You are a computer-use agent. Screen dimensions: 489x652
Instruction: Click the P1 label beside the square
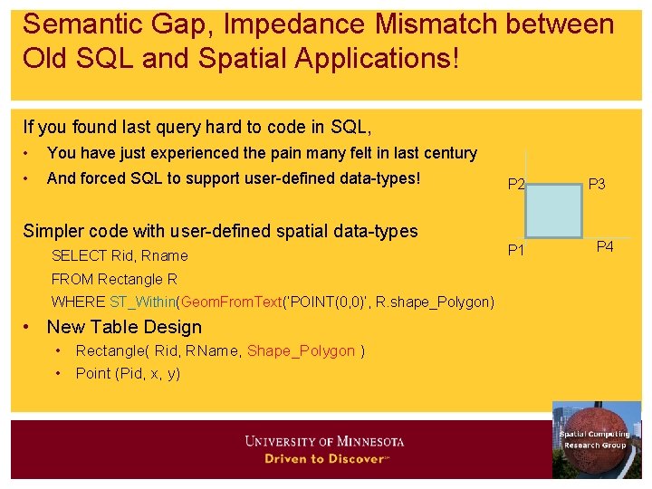(x=516, y=250)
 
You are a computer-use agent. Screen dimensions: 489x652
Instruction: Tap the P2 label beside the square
(x=516, y=185)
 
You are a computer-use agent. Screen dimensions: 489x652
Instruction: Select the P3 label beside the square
(x=597, y=185)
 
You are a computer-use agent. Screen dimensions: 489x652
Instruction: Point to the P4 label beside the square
(x=603, y=245)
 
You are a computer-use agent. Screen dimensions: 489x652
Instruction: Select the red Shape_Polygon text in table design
(x=301, y=351)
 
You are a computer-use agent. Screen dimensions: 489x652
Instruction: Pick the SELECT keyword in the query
(x=79, y=256)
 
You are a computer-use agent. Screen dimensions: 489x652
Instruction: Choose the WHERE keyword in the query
(x=78, y=302)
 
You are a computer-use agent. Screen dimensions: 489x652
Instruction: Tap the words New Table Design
(x=124, y=327)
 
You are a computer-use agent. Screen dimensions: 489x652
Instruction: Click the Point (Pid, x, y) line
(x=128, y=373)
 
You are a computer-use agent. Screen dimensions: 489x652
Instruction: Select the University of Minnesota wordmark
(x=324, y=442)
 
